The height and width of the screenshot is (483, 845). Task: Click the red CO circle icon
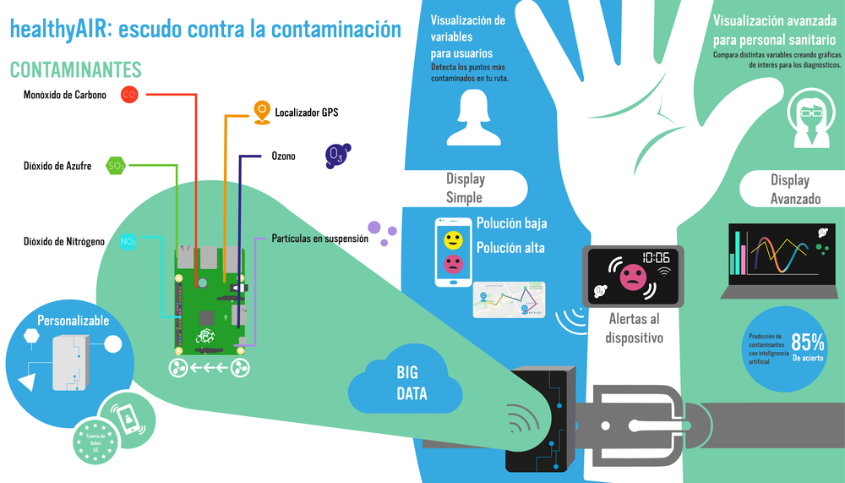129,95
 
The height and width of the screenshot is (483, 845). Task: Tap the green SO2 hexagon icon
115,166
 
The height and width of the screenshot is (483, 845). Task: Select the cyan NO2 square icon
128,242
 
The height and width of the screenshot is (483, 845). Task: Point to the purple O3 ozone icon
336,155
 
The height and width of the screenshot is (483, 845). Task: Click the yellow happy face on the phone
453,238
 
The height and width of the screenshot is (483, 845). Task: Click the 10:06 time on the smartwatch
656,258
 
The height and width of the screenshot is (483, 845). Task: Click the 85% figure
808,343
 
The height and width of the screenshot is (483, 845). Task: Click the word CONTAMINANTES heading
75,69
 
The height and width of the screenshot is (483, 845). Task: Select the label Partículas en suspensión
320,239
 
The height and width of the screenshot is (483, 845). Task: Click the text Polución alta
511,248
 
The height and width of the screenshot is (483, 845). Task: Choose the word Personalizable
73,321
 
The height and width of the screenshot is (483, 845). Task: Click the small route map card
509,299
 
